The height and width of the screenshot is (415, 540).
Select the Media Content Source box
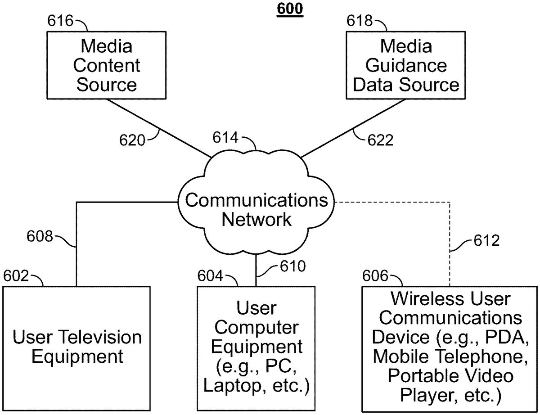point(107,65)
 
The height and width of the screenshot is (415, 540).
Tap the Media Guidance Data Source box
point(406,65)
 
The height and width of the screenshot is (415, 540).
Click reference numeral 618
point(360,22)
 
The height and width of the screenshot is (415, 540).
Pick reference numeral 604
point(210,275)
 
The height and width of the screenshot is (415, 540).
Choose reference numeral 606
point(375,275)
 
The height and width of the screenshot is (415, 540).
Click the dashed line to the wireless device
point(450,243)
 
